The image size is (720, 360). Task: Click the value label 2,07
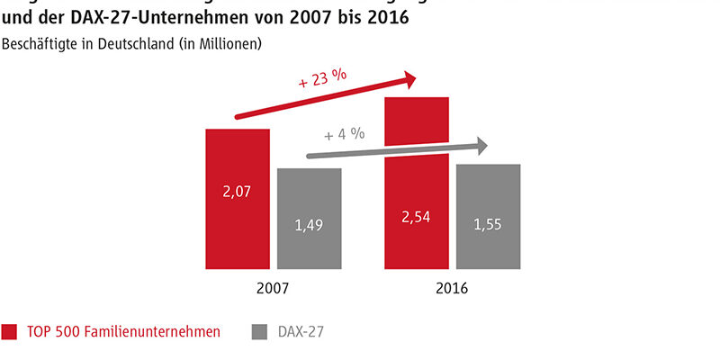tap(238, 191)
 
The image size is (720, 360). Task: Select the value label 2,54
tap(417, 217)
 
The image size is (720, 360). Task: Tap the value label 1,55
tap(488, 224)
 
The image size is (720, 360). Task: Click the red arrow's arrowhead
tap(409, 79)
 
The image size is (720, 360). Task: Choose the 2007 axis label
tap(272, 289)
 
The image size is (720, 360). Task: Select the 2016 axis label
tap(452, 289)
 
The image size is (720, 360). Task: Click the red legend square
tap(10, 332)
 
